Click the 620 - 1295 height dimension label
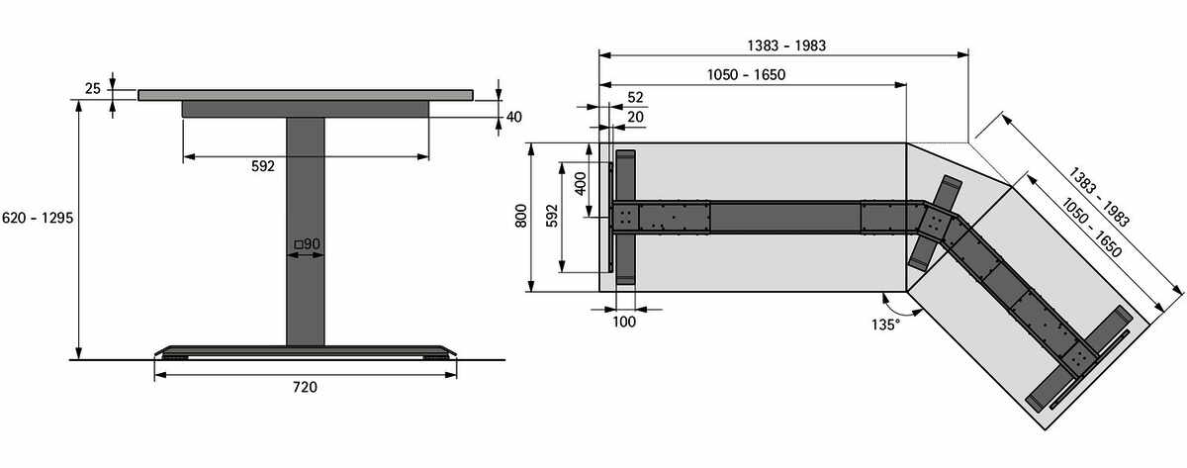[38, 218]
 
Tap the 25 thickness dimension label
[93, 88]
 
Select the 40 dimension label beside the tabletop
[514, 117]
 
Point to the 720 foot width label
[306, 387]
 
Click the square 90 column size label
[308, 243]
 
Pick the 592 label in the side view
[263, 166]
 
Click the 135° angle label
[885, 325]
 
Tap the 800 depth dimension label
[521, 217]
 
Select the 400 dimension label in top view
[581, 183]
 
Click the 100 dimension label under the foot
[624, 322]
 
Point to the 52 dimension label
[635, 97]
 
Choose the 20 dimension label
[635, 117]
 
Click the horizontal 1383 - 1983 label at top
[786, 46]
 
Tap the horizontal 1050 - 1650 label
[746, 75]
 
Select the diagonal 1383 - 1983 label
[1099, 197]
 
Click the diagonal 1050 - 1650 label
[1092, 228]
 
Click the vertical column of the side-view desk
[306, 232]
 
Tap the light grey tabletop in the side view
[306, 95]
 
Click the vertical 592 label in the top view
[552, 217]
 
